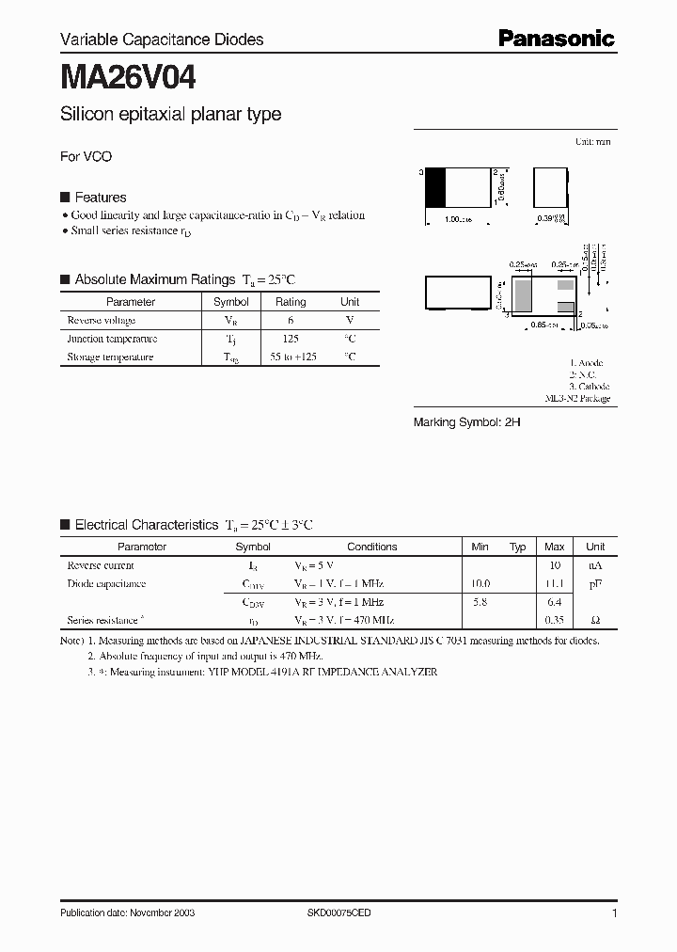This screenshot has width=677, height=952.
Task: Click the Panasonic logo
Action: [x=556, y=39]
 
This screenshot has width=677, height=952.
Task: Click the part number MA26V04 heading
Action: [x=128, y=75]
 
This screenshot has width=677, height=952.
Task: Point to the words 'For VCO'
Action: [x=86, y=157]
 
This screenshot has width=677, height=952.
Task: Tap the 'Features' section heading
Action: [x=100, y=198]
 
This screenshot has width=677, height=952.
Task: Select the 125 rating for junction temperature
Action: [x=290, y=339]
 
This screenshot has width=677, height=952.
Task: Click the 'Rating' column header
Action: [x=290, y=302]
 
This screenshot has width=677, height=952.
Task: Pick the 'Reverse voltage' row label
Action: [x=101, y=321]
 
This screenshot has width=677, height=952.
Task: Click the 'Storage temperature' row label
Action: [x=109, y=357]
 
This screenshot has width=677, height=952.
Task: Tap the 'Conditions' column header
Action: [x=371, y=547]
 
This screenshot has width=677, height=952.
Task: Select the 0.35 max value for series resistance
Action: [x=554, y=621]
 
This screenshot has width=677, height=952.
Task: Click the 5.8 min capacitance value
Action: [x=480, y=602]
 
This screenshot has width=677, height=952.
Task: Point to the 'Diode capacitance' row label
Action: [x=106, y=584]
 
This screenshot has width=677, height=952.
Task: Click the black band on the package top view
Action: [x=435, y=187]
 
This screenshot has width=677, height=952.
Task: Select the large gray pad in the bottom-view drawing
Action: [x=524, y=295]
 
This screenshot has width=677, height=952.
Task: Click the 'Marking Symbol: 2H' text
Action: [x=467, y=423]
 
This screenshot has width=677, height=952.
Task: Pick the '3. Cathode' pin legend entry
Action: [x=589, y=387]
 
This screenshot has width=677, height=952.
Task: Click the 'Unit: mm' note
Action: [x=592, y=141]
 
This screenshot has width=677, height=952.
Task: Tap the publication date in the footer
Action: [x=128, y=913]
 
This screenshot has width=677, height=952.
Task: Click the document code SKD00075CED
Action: [x=339, y=913]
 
